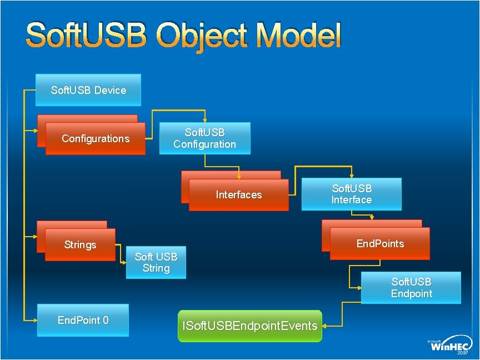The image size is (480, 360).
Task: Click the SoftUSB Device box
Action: (88, 90)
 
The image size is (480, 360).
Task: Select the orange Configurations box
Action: (95, 138)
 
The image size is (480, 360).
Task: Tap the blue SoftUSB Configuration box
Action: (204, 138)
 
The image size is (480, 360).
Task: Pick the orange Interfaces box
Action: (238, 195)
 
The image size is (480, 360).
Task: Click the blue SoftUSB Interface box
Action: (351, 194)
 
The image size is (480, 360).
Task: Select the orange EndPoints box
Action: (380, 244)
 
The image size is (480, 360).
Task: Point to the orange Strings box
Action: (80, 245)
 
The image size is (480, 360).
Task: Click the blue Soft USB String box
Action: (156, 262)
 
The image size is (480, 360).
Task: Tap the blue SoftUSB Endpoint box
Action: (411, 288)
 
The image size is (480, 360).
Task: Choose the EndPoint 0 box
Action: (83, 320)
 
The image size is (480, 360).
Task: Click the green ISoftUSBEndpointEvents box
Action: (250, 326)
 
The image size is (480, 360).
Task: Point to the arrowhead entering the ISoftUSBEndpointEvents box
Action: (326, 326)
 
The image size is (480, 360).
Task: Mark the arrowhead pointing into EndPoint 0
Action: (34, 320)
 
